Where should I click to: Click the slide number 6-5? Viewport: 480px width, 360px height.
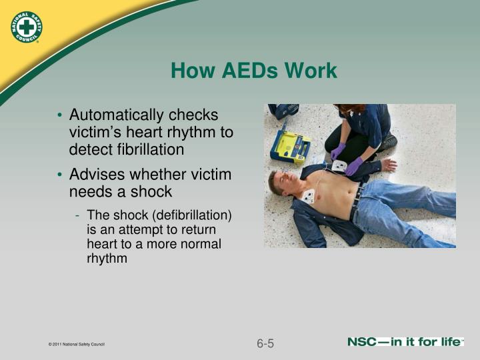point(265,344)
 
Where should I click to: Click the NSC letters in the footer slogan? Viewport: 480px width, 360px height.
point(365,343)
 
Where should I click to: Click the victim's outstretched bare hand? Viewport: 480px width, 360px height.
point(389,165)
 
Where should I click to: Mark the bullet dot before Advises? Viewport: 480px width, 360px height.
point(60,175)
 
